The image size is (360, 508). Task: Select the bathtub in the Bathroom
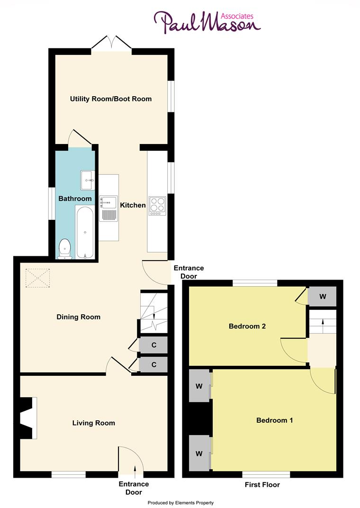(85, 233)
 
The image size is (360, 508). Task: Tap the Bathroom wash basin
(88, 177)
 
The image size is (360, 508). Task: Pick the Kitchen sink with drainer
(108, 209)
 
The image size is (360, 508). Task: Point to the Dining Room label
(79, 317)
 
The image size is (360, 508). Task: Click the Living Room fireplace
(29, 418)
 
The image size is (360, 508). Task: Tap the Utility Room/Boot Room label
(111, 99)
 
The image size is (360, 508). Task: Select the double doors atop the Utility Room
(111, 44)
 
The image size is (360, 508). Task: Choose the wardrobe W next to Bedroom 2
(323, 297)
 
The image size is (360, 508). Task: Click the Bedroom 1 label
(275, 420)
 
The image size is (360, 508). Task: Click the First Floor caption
(262, 485)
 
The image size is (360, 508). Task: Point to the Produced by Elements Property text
(181, 503)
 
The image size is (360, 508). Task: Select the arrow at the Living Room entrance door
(135, 469)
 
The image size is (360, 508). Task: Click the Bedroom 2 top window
(255, 283)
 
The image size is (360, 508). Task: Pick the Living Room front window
(69, 474)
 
